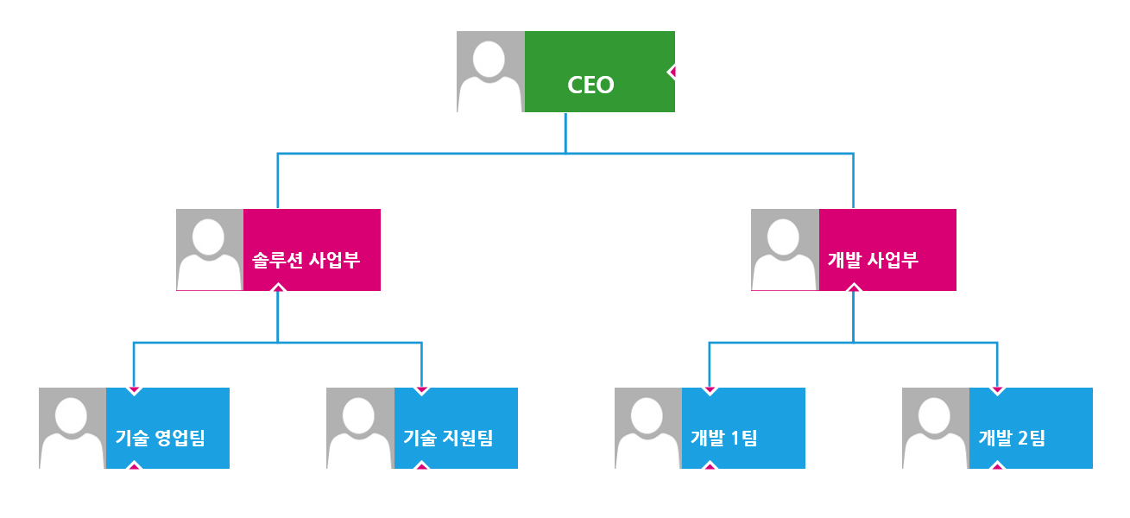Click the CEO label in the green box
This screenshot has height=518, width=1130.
[x=590, y=85]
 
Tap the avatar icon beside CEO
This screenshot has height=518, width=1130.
[x=490, y=72]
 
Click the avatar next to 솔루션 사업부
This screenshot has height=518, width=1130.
[x=210, y=250]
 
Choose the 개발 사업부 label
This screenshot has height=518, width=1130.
[x=873, y=260]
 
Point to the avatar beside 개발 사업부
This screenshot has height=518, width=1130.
[x=785, y=250]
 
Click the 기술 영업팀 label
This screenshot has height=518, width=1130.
[x=160, y=438]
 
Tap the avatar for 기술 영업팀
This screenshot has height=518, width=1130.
[x=73, y=428]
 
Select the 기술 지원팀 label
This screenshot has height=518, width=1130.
[x=448, y=438]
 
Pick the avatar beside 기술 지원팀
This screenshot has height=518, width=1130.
[x=360, y=428]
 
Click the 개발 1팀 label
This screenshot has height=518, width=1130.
[x=723, y=438]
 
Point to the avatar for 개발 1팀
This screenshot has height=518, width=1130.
[x=648, y=428]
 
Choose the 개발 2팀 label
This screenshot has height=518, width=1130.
[x=1011, y=438]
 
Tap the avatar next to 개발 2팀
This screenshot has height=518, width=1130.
[x=936, y=428]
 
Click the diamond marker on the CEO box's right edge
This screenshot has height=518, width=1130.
[x=672, y=72]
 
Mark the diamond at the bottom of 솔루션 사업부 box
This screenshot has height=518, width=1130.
[x=277, y=287]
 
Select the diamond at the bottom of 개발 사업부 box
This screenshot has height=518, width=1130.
[x=853, y=287]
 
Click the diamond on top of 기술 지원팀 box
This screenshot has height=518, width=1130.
[x=421, y=391]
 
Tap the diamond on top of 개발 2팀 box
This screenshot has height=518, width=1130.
[x=997, y=391]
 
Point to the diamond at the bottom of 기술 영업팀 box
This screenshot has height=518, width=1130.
[x=134, y=465]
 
